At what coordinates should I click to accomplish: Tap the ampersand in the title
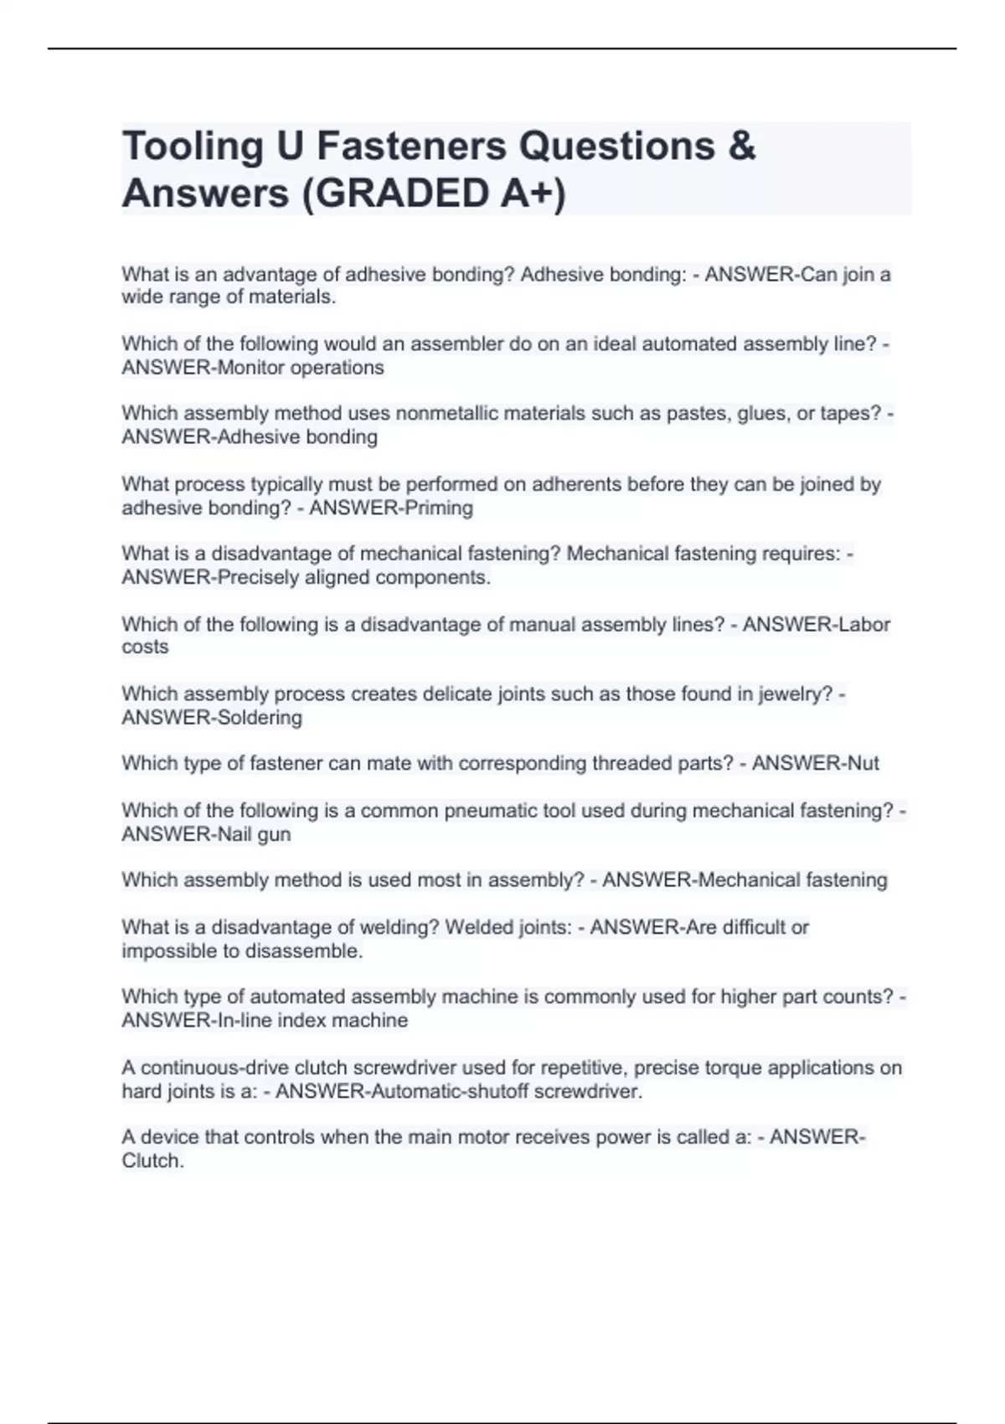click(741, 146)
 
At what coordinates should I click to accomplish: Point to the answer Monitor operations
click(300, 368)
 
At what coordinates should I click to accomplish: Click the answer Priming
click(439, 508)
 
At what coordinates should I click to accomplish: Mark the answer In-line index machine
click(312, 1020)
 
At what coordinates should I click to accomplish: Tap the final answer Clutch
click(152, 1161)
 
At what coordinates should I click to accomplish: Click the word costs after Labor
click(145, 648)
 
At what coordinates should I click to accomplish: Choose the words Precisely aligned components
click(353, 577)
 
